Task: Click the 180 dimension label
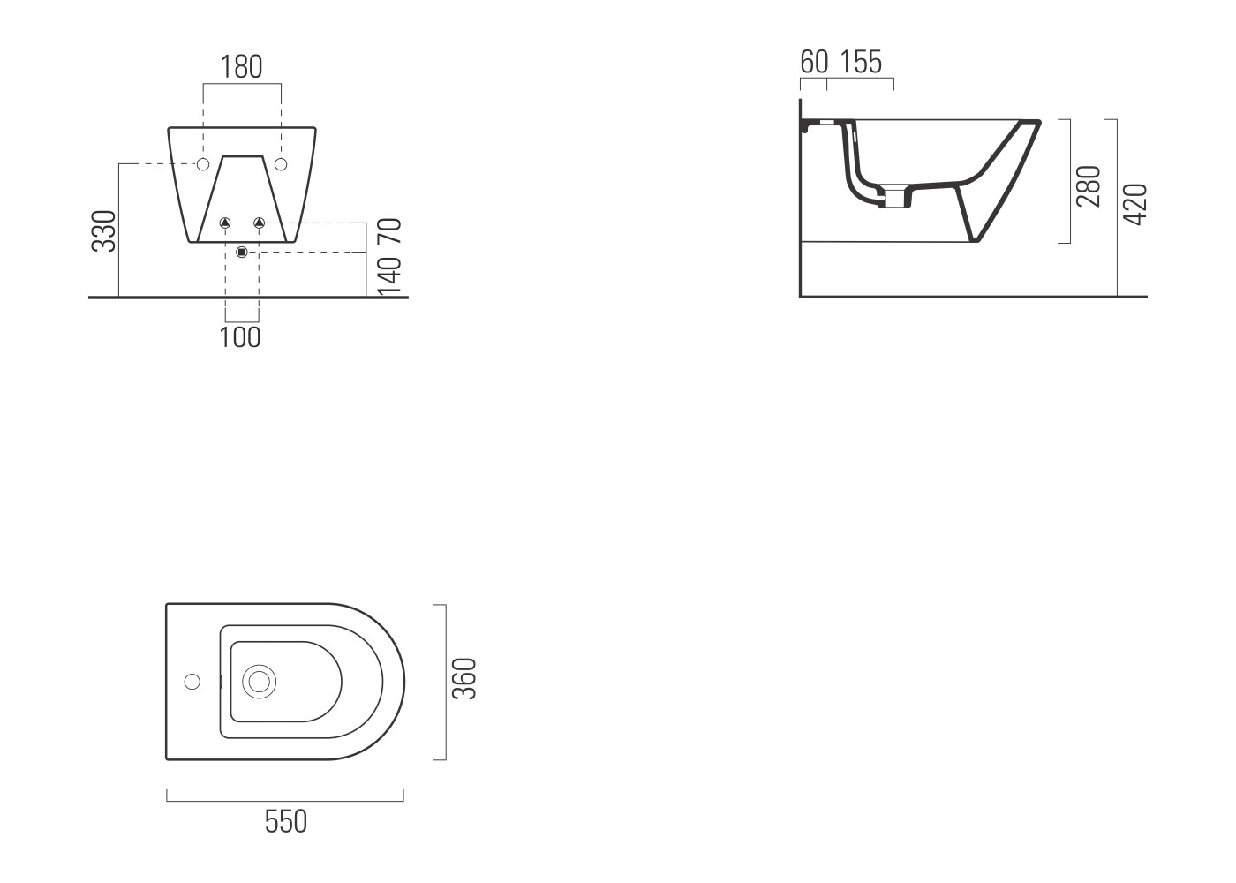click(241, 67)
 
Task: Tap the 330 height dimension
click(104, 231)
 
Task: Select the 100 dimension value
click(240, 337)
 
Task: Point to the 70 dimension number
click(390, 231)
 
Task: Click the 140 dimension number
click(390, 275)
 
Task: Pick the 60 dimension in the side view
click(814, 62)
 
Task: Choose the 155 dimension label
click(861, 62)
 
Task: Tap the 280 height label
click(1088, 186)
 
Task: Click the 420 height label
click(1135, 205)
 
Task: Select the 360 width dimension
click(463, 679)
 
